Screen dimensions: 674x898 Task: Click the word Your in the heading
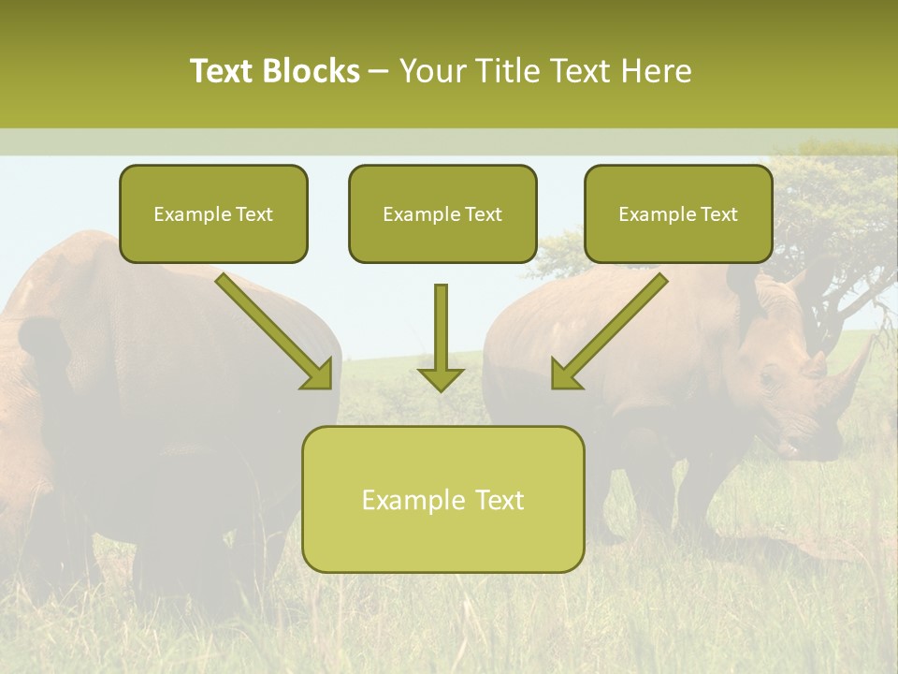pos(430,71)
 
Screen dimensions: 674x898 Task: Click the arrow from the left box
pos(276,332)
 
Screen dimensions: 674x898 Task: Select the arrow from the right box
pos(608,332)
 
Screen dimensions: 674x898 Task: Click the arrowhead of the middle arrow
pos(441,379)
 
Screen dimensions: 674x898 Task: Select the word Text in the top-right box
pos(717,214)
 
